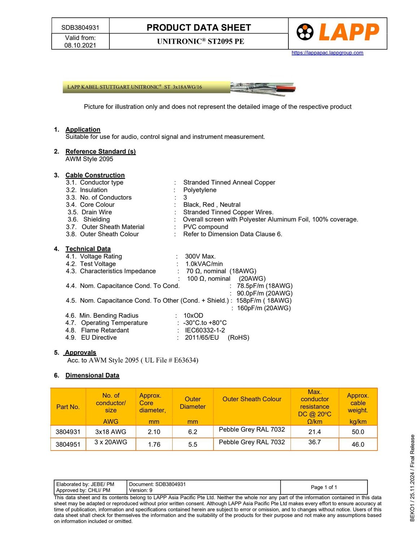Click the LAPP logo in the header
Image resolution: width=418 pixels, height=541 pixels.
pos(338,32)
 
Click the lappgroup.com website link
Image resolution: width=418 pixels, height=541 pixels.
pos(327,53)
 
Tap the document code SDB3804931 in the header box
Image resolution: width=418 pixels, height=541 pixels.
pos(80,27)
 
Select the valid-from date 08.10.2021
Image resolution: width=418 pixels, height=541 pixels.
pos(80,45)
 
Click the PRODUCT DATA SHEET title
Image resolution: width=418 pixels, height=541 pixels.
pos(199,27)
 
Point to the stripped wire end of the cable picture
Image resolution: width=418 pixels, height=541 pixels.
pos(263,89)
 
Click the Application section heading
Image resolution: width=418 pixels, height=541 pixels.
pos(83,129)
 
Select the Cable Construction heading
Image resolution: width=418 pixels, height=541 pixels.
pos(95,175)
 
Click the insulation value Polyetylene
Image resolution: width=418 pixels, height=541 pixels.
pos(200,190)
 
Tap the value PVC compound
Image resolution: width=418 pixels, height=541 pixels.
pos(205,226)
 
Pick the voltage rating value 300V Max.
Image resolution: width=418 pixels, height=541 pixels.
pos(200,256)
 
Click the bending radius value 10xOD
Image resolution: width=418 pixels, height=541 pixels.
pos(193,315)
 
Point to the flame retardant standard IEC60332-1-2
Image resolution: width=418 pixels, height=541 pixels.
pos(205,330)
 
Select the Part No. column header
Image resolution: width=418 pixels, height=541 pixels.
pos(68,407)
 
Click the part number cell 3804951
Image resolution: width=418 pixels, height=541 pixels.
pos(68,444)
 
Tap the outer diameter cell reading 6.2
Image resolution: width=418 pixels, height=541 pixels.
pos(192,432)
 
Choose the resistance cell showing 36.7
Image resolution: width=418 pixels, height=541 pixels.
pos(314,442)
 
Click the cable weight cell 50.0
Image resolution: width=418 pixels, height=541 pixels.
pos(358,432)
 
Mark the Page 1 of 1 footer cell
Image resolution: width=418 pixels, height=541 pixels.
pos(324,487)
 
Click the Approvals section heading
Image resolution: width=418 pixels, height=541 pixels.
pos(80,352)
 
